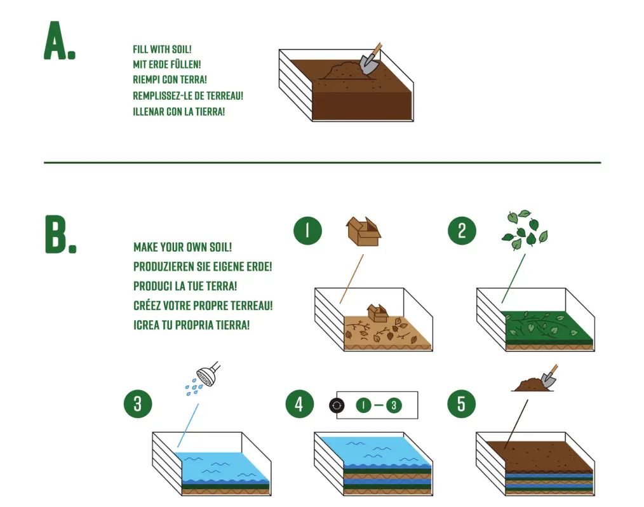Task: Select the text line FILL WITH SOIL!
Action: [162, 49]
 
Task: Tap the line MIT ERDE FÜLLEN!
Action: [166, 65]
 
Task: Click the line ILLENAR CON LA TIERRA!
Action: [178, 112]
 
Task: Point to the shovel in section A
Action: [371, 59]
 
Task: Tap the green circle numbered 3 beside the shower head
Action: [138, 403]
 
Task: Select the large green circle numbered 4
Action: [299, 403]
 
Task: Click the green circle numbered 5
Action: [461, 403]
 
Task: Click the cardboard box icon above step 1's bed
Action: [363, 231]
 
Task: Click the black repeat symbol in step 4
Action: [337, 405]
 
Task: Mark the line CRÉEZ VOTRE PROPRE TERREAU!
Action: [203, 306]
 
